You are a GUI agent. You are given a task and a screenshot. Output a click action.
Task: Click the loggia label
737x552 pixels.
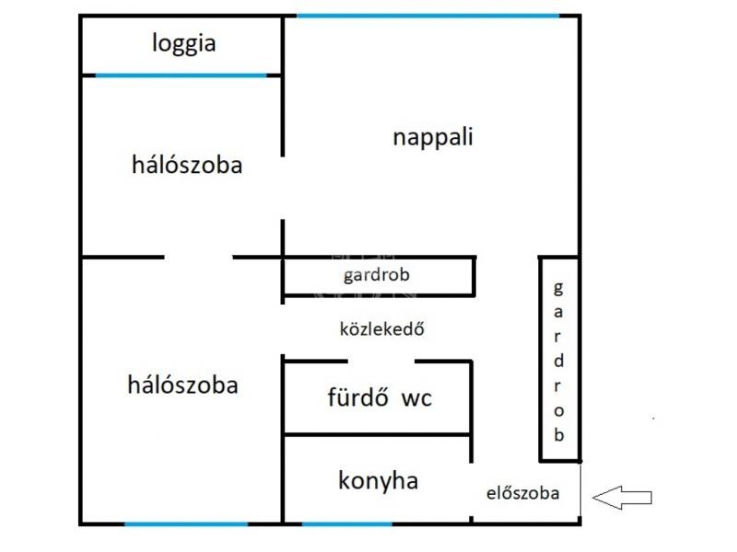click(184, 43)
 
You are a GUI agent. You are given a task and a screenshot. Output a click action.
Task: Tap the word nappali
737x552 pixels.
click(432, 138)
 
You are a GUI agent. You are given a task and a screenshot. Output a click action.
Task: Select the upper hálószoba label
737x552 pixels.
click(187, 166)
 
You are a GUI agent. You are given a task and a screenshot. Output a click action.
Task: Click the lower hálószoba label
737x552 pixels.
click(182, 385)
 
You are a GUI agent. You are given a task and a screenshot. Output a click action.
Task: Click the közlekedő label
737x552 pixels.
click(381, 328)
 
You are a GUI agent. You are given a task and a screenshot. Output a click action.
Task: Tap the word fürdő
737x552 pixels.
click(354, 398)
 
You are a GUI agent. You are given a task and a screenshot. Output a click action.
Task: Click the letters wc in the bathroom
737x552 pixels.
click(415, 399)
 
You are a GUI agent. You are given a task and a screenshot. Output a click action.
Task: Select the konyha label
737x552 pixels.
click(378, 480)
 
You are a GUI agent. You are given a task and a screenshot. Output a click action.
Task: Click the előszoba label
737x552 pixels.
click(522, 493)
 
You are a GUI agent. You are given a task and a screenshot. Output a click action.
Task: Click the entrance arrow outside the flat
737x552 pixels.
click(621, 498)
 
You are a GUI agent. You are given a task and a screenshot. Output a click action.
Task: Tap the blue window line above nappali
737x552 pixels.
click(427, 16)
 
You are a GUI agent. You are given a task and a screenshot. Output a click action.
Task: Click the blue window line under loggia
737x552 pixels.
click(181, 75)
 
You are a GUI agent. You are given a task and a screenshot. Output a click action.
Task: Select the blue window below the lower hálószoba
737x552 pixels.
click(186, 524)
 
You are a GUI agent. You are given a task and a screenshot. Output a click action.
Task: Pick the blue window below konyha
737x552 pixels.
click(346, 524)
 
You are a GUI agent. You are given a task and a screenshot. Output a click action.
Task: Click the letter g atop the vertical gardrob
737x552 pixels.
click(556, 287)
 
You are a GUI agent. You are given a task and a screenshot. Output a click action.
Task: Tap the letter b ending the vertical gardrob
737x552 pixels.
click(558, 435)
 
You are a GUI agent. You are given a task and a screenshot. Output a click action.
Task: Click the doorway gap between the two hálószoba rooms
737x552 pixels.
click(198, 257)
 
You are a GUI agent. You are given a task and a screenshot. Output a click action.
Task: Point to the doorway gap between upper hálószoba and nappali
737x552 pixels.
click(283, 189)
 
